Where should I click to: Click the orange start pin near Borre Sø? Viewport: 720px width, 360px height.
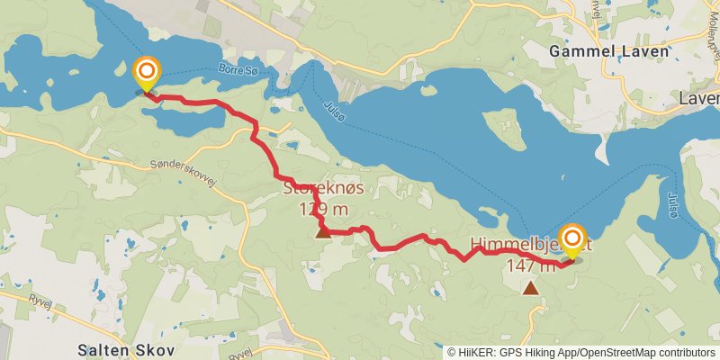point(146,72)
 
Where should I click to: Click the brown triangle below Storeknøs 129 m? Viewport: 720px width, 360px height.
point(323,233)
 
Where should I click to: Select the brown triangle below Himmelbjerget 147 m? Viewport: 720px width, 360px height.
point(531,288)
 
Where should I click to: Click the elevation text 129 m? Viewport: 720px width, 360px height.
point(324,209)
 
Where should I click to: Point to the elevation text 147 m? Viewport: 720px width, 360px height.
point(531,265)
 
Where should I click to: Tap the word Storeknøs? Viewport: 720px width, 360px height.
point(324,189)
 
